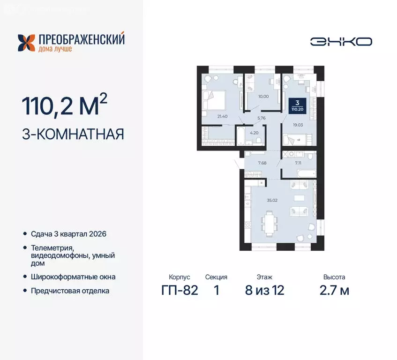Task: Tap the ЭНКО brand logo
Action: pyautogui.click(x=341, y=41)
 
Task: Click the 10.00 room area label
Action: pyautogui.click(x=264, y=97)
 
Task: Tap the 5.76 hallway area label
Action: pyautogui.click(x=262, y=118)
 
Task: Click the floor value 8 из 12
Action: pyautogui.click(x=264, y=290)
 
